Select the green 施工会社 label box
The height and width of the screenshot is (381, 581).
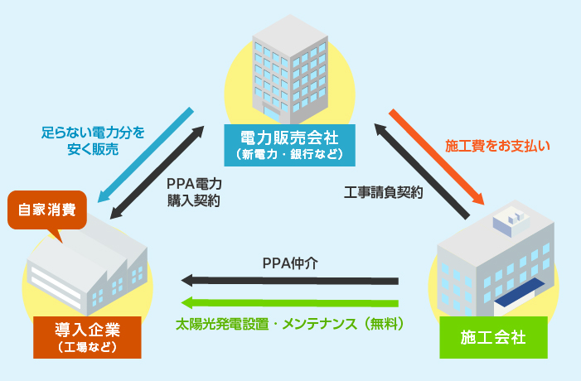coord(493,337)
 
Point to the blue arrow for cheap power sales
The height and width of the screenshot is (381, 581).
coord(146,156)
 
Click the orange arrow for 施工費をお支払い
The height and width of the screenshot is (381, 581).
coord(437,157)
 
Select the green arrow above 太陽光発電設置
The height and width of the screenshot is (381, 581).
coord(290,302)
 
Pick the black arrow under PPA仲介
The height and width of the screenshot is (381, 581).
coord(290,280)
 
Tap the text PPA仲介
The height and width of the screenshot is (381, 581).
coord(290,263)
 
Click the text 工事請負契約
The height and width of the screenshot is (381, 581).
coord(383,192)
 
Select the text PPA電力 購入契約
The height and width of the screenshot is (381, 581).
coord(193,191)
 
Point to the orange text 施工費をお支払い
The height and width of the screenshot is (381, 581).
coord(497,145)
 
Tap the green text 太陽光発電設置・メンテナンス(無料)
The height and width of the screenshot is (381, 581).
coord(290,324)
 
